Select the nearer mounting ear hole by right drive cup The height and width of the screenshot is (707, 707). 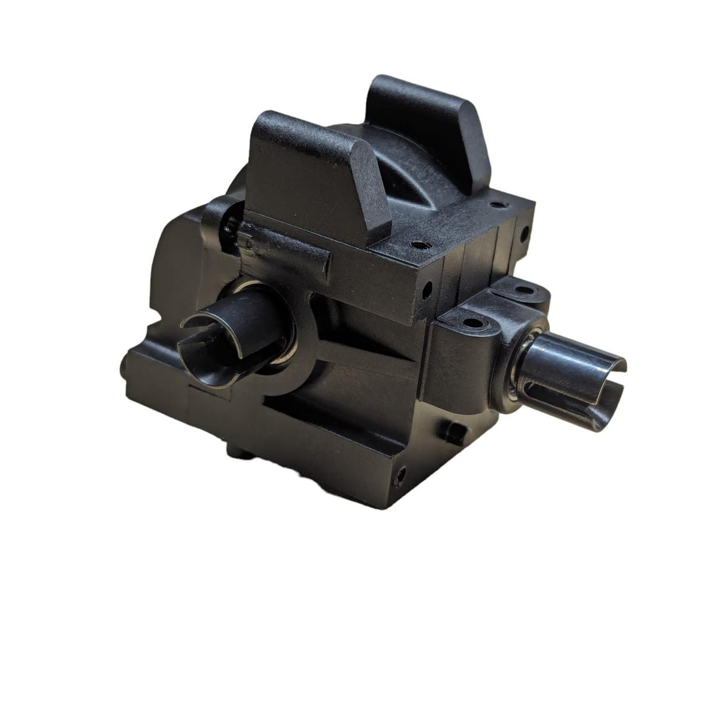click(468, 321)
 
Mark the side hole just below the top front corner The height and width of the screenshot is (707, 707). click(427, 287)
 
